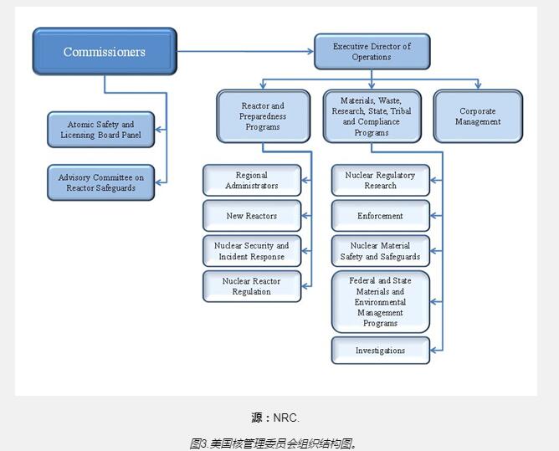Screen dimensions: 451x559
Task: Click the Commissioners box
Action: [x=105, y=52]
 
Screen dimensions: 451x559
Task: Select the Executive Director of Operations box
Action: [x=372, y=52]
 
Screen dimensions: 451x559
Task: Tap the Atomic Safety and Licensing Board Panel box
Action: [x=100, y=130]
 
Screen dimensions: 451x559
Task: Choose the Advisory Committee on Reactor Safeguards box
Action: [x=100, y=182]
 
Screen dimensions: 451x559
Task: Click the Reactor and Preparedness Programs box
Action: [x=262, y=116]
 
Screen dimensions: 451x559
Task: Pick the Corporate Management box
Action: [x=477, y=116]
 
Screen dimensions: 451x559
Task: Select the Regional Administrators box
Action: [x=252, y=181]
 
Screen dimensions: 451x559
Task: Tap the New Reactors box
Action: [x=252, y=216]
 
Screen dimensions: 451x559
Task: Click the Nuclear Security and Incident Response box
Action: [x=252, y=251]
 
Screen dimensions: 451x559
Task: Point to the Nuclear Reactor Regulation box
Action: [x=252, y=286]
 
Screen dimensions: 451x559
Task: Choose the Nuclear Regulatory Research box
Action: [x=380, y=181]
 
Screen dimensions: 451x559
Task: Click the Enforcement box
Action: [x=380, y=216]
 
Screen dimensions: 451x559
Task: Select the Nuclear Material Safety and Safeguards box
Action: [x=380, y=251]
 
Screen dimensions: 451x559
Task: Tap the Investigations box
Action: [x=380, y=351]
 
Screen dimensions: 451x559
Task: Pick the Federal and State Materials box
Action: [x=380, y=302]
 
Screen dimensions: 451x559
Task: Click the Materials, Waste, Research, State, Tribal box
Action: [x=371, y=116]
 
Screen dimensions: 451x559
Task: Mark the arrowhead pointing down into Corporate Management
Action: [x=478, y=85]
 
